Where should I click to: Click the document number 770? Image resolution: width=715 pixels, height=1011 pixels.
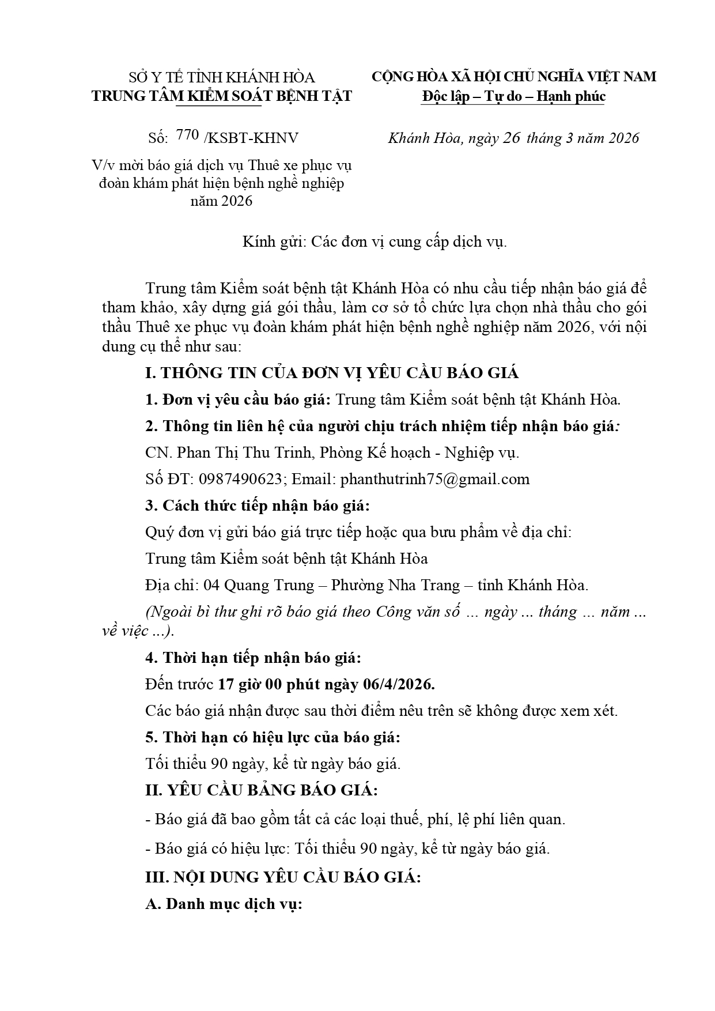point(188,136)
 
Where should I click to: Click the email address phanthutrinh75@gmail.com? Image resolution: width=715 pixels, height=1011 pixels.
point(435,479)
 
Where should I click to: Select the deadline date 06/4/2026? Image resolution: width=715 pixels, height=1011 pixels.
point(398,684)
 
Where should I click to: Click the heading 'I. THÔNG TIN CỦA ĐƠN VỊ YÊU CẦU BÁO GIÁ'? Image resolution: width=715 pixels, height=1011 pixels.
point(332,373)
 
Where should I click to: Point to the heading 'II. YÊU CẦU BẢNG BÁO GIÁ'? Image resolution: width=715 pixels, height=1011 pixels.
point(262,790)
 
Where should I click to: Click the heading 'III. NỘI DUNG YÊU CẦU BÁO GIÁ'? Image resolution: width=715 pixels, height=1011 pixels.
point(283,877)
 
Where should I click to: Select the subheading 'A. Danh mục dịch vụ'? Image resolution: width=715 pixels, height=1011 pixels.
point(224,904)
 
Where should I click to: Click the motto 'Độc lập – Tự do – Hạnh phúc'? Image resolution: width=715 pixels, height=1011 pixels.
point(513,96)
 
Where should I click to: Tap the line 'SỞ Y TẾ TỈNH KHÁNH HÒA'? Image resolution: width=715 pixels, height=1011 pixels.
point(221,77)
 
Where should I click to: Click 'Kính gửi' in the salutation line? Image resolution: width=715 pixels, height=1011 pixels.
point(273,242)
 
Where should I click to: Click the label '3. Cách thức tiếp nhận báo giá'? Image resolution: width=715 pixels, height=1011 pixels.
point(257,505)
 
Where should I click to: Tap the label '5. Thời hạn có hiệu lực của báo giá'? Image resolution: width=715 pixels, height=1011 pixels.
point(273,737)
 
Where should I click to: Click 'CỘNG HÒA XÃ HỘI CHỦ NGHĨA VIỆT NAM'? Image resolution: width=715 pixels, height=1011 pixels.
point(513,77)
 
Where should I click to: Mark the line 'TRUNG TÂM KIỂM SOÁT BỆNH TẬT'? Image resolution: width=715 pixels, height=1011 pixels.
point(221,96)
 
